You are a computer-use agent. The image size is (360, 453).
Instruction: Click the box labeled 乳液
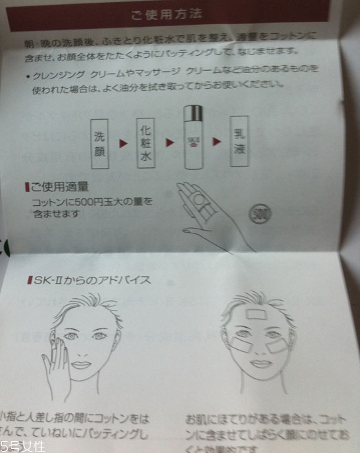click(241, 142)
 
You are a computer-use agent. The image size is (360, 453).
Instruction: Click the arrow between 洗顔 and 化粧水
click(124, 145)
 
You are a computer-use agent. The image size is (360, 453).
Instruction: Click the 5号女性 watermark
click(23, 445)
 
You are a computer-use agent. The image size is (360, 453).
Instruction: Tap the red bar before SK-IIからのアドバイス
click(28, 280)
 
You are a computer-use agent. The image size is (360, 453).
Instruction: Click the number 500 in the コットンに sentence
click(75, 202)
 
